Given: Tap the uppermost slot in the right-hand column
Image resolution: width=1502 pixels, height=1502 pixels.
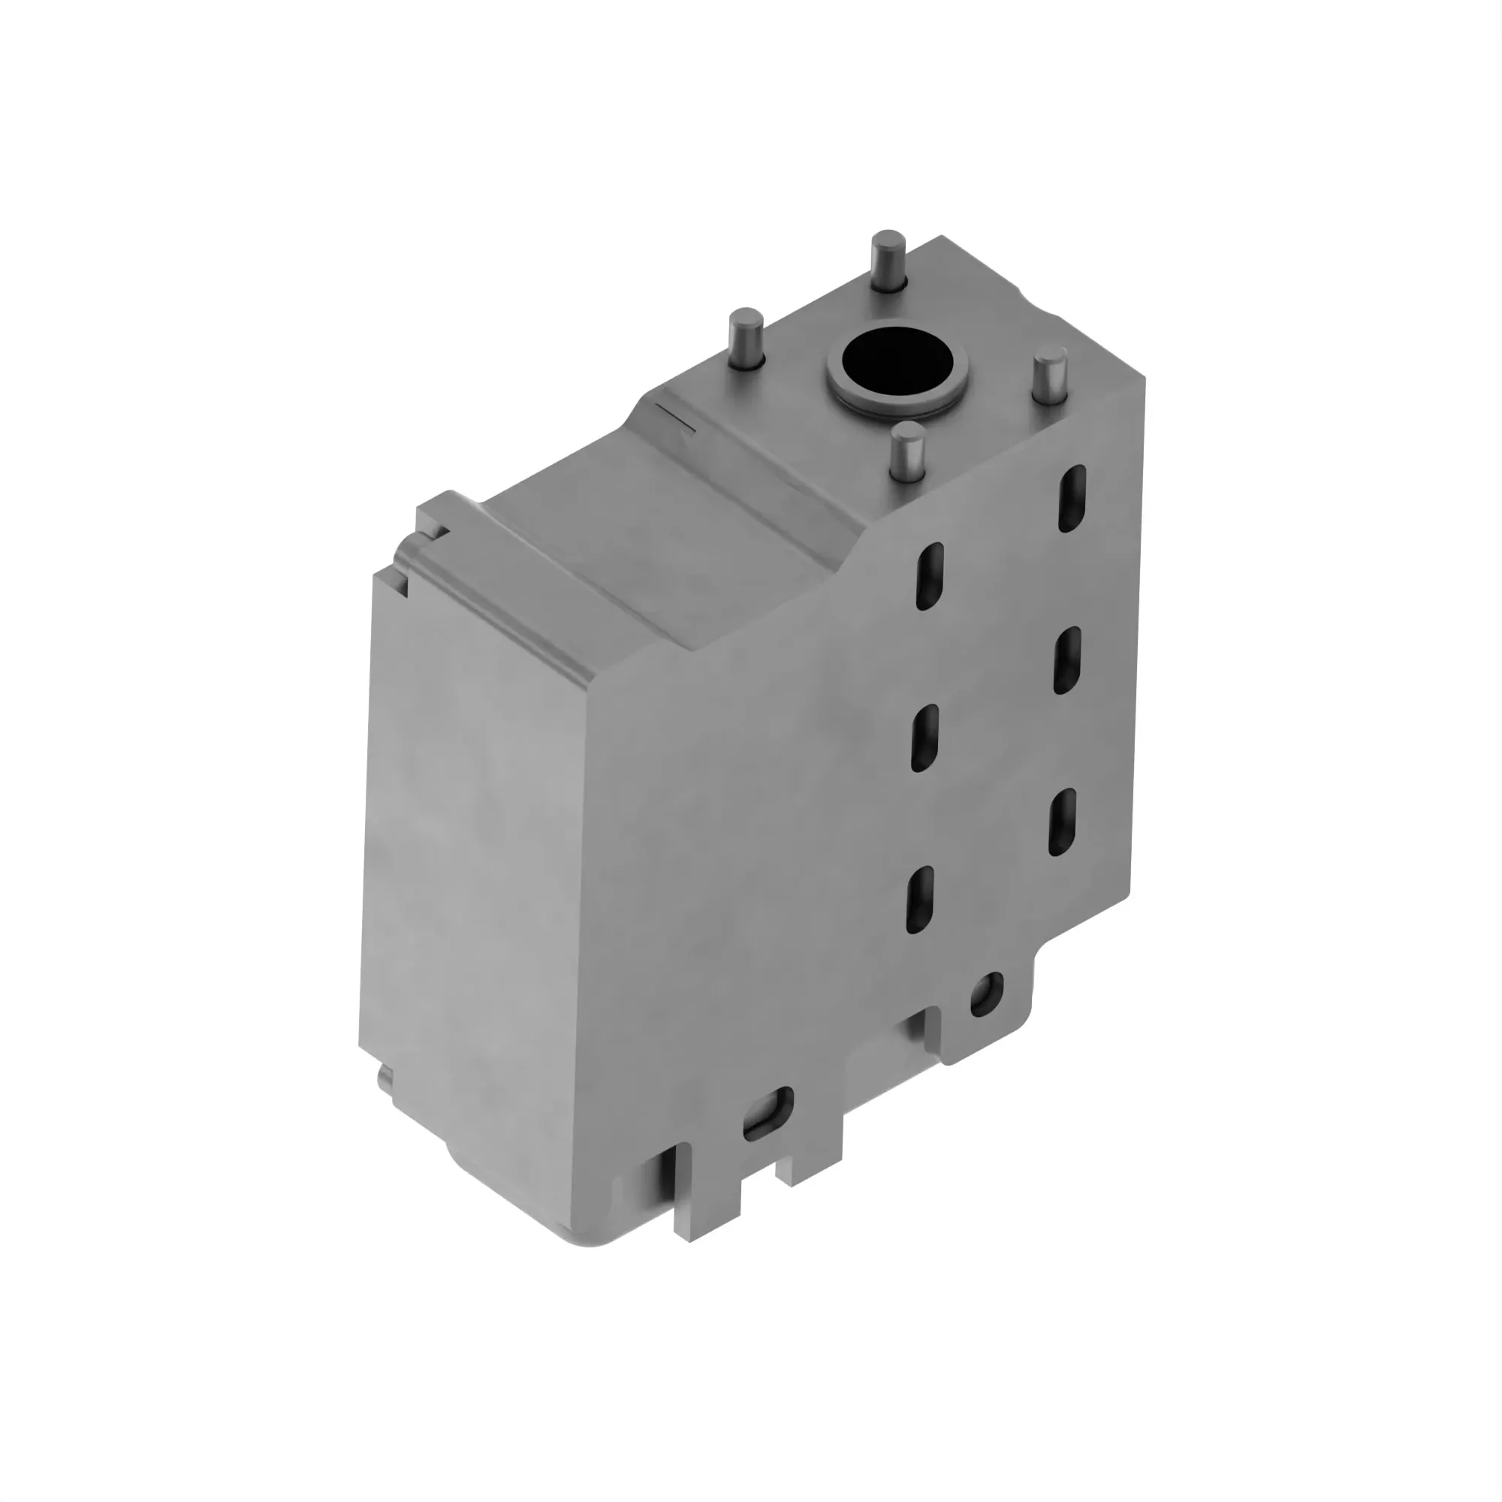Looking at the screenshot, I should [1072, 499].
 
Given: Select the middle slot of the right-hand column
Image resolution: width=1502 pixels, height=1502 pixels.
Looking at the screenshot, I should [1066, 660].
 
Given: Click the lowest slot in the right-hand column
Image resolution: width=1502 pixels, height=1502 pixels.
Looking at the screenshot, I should [1062, 822].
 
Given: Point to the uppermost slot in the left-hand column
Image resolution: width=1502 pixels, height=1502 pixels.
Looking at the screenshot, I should [930, 576].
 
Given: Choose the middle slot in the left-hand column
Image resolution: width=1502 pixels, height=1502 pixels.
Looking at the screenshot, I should [924, 737].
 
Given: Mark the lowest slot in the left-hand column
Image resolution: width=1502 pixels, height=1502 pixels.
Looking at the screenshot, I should [920, 900].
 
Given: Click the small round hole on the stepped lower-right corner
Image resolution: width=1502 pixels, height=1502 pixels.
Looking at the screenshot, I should [986, 994].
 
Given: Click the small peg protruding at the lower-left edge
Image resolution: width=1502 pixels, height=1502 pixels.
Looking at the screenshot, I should [385, 1081].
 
